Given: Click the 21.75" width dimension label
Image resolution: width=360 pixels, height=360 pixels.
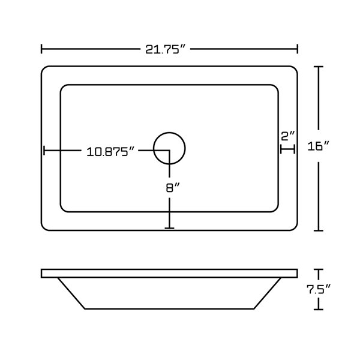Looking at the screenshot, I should tap(168, 49).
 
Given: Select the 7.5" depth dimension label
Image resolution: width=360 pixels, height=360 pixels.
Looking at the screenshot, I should tap(318, 289).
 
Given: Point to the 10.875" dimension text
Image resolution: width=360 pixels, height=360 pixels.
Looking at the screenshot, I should tap(110, 151).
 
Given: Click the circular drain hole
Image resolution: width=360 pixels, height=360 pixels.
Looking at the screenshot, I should tap(169, 148).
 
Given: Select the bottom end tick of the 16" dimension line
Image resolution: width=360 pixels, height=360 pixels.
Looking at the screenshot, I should tap(319, 230).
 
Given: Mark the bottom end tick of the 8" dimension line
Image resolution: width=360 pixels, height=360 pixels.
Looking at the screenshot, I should tap(169, 228).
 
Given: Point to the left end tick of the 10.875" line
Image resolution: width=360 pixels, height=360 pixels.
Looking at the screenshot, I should tap(43, 151).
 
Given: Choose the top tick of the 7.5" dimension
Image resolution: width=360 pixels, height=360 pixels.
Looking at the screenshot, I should tap(319, 269).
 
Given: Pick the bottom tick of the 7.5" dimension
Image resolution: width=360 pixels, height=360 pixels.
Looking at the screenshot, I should tap(319, 309).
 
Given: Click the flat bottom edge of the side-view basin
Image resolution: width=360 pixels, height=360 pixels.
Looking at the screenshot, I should tap(169, 308).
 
